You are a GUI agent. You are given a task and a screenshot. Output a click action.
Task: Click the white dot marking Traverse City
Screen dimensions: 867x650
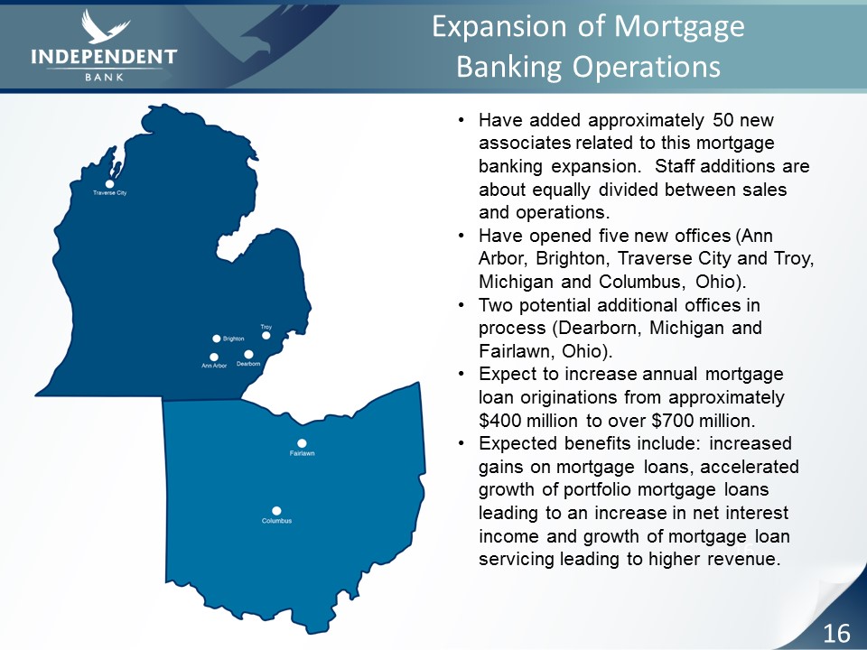coord(109,183)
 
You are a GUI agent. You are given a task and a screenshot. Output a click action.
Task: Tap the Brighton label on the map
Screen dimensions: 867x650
coord(233,339)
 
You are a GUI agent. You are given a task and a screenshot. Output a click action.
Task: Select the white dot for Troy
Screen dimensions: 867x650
coord(266,336)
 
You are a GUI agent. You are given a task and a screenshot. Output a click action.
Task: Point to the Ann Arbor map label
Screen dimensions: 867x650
coord(214,366)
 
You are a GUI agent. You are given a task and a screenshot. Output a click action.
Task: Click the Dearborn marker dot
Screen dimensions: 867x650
coord(249,354)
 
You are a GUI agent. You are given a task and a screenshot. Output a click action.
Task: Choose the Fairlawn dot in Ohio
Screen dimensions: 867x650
coord(302,443)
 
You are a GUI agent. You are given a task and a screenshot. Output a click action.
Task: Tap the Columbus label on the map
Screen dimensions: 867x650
coord(276,521)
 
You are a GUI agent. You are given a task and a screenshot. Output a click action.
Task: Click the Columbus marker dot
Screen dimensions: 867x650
coord(276,511)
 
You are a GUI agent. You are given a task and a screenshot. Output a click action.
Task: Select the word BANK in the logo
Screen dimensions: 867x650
coord(105,77)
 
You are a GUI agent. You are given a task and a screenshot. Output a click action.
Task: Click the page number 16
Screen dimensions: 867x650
coord(836,632)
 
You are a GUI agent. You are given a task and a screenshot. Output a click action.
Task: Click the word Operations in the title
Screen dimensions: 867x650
coord(647,67)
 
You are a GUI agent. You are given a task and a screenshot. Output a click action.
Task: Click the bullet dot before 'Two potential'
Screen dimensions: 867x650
coord(461,305)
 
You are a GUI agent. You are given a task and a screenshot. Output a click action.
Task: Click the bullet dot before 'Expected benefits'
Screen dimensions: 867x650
coord(461,443)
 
